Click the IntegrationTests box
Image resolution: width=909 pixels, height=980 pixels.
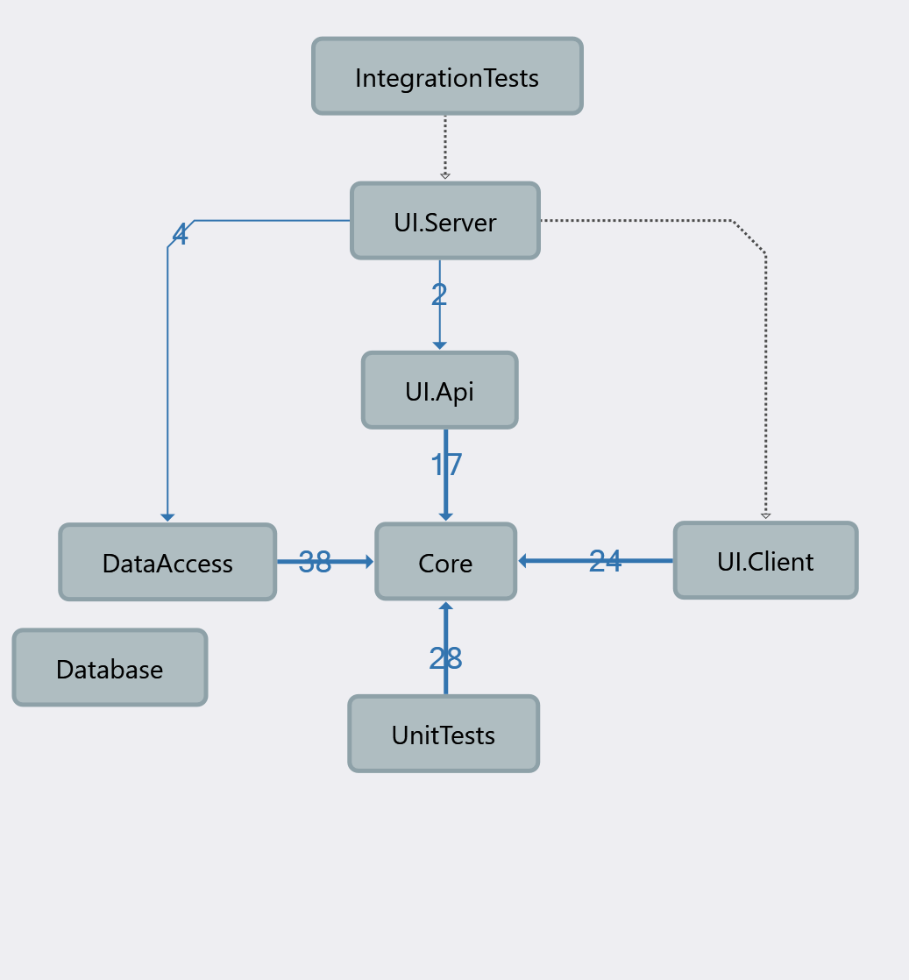point(447,76)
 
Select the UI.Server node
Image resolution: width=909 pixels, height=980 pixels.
point(445,221)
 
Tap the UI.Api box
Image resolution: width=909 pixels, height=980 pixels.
point(439,390)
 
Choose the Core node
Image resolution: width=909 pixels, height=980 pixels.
point(445,562)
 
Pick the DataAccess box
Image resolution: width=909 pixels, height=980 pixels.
point(167,562)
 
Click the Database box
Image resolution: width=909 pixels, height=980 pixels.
point(110,668)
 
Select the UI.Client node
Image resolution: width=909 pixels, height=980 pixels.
point(765,560)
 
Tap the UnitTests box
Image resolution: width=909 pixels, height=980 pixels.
point(444,734)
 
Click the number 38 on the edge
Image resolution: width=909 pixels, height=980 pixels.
point(315,562)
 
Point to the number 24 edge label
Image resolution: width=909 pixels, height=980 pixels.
point(605,561)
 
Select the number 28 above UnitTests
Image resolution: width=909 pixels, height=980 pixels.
point(445,657)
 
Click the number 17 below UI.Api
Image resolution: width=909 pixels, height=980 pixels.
point(445,465)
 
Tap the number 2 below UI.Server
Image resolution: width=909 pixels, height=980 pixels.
point(439,295)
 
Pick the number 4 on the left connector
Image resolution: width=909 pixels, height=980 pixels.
point(180,235)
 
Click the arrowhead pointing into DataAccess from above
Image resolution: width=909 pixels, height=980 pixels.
point(167,517)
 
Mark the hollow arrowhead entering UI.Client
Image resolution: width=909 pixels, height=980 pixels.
point(765,515)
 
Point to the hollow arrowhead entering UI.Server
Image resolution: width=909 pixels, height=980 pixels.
point(445,176)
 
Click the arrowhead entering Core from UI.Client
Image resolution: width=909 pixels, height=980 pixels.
point(523,561)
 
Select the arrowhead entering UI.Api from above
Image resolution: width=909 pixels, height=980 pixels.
point(439,345)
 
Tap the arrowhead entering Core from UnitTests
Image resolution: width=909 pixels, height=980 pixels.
point(445,607)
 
